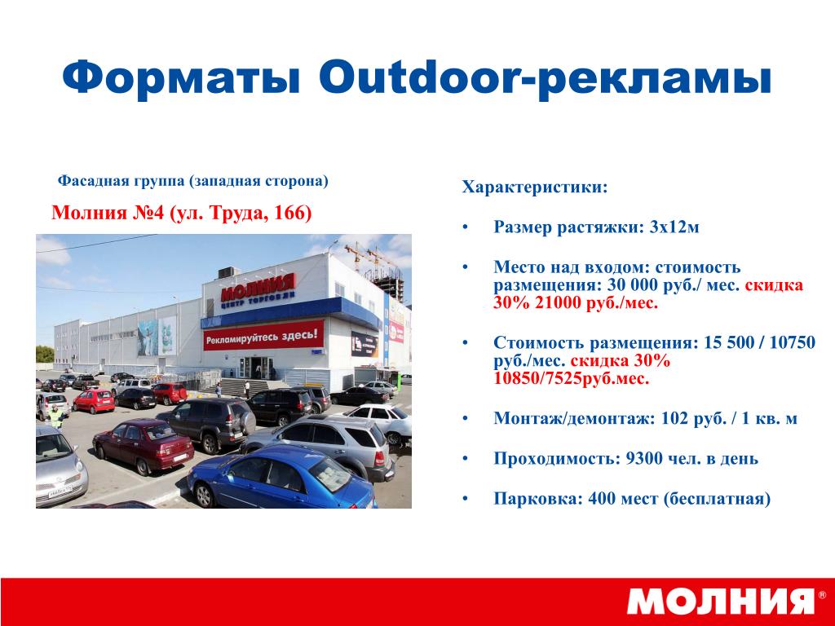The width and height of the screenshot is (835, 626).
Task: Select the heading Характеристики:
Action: coord(535,187)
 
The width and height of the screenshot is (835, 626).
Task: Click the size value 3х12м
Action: coord(674,227)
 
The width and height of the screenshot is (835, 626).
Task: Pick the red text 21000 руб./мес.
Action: coord(596,303)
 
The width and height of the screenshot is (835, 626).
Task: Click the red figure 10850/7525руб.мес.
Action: coord(572,378)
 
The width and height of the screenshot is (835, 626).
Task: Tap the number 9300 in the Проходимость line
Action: coord(643,458)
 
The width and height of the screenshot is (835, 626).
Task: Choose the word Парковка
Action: coord(538,499)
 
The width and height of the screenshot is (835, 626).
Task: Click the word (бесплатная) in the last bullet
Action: coord(718,499)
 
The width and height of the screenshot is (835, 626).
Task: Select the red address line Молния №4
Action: coord(181,213)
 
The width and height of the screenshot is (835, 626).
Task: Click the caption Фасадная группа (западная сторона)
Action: coord(192,181)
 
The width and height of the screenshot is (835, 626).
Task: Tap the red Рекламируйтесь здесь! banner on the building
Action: coord(263,336)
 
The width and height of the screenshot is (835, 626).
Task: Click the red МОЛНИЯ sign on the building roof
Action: coord(258,289)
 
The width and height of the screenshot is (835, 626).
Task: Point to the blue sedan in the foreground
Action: coord(282,478)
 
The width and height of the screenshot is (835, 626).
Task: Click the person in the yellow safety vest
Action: coord(55,416)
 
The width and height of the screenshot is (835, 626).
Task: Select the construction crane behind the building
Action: coord(369,256)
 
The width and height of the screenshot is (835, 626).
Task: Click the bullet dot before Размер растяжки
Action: coord(466,227)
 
